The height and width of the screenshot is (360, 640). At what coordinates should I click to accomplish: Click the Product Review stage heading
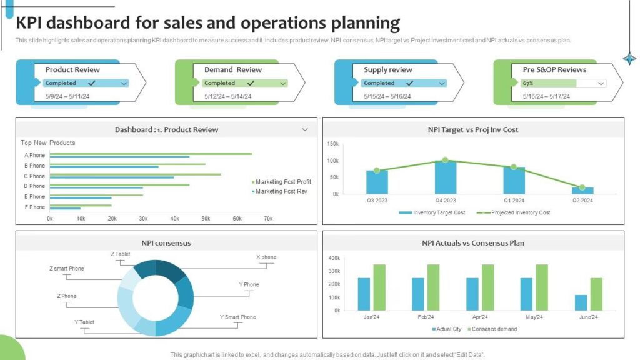coord(72,69)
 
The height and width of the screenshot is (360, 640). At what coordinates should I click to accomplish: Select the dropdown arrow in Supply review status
coord(442,83)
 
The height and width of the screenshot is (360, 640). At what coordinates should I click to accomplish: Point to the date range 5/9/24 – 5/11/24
coord(68,96)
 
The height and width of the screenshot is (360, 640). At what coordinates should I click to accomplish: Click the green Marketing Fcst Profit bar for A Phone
coord(151,153)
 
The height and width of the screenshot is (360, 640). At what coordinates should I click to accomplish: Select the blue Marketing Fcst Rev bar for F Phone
coord(65,209)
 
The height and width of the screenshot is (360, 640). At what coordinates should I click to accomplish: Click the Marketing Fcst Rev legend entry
coord(281,191)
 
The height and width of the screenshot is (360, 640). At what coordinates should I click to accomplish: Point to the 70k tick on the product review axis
coord(268,219)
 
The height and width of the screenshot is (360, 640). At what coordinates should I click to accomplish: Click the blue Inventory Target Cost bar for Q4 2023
coord(446,177)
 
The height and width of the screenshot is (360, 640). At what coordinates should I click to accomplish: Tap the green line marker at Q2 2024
coord(582,187)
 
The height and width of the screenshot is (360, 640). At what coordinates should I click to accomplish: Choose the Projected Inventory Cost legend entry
coord(516,212)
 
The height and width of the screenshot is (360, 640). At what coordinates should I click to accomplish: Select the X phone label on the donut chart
coord(266,257)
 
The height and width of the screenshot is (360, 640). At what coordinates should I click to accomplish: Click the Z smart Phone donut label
coord(66,269)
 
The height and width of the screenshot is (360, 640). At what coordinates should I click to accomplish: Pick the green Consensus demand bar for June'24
coord(597,294)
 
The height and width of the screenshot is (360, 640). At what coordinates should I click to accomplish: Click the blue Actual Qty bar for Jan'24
coord(364,294)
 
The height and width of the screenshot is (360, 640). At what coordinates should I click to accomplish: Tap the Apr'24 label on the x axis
coord(480,317)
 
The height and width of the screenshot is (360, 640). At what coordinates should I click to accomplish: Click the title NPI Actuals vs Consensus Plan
coord(472,242)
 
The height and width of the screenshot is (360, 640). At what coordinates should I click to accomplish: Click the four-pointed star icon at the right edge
coord(629,59)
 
